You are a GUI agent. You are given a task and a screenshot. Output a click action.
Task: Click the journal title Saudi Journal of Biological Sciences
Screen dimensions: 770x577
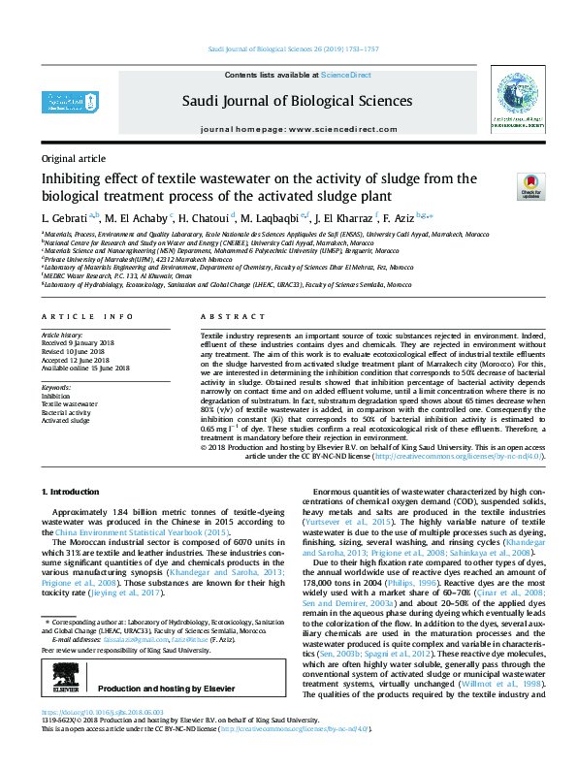pos(288,101)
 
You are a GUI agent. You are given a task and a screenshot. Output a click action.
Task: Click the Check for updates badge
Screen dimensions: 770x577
pos(529,185)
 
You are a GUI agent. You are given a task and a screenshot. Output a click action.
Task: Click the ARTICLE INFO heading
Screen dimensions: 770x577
pos(87,317)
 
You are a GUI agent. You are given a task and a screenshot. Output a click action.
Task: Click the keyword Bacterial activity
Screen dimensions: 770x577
pos(68,411)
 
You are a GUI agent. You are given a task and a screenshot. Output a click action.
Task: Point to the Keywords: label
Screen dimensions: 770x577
pos(56,388)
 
